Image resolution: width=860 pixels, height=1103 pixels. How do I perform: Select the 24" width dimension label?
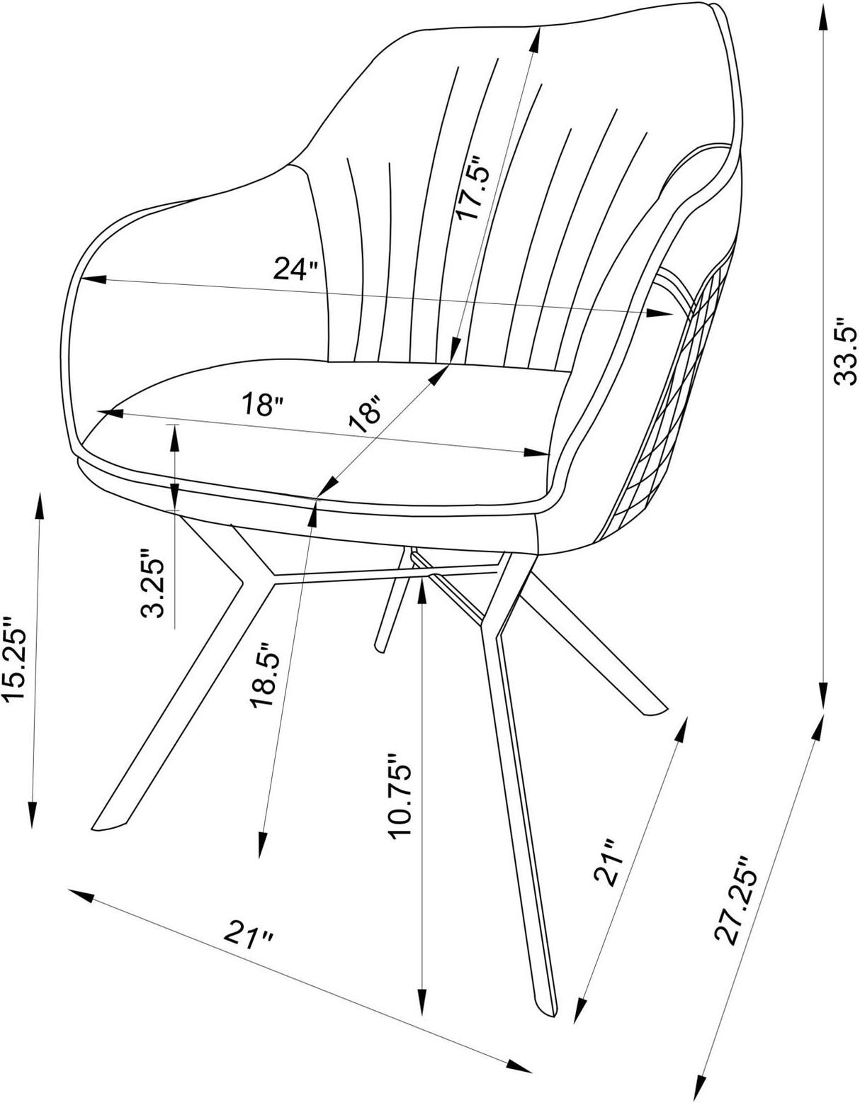click(x=295, y=269)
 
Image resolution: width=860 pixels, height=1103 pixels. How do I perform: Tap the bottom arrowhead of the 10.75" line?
click(x=423, y=1006)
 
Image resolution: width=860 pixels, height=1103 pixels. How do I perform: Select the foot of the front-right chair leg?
click(x=546, y=1007)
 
